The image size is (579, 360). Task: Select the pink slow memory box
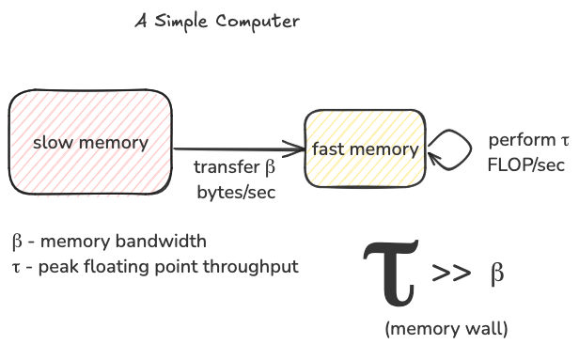[90, 113]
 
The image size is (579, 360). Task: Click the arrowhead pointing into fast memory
[298, 149]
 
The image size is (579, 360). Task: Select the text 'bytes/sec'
[234, 190]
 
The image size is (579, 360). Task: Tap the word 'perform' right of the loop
[522, 140]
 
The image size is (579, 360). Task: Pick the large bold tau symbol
[390, 273]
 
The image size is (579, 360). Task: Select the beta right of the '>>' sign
[497, 274]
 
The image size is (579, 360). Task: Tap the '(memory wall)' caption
[446, 329]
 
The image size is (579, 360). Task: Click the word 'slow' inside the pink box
[51, 143]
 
